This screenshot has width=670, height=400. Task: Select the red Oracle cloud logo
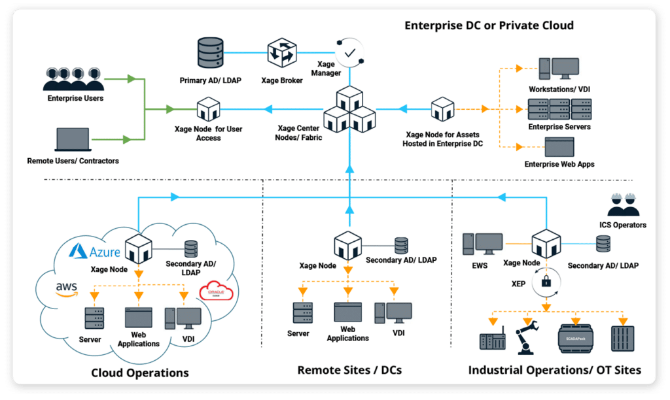(219, 292)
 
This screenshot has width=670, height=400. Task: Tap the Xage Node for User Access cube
(208, 108)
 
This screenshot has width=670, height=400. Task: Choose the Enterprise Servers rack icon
(559, 109)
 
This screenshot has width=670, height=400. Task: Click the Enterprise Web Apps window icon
(559, 147)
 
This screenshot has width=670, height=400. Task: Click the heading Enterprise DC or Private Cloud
(489, 25)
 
